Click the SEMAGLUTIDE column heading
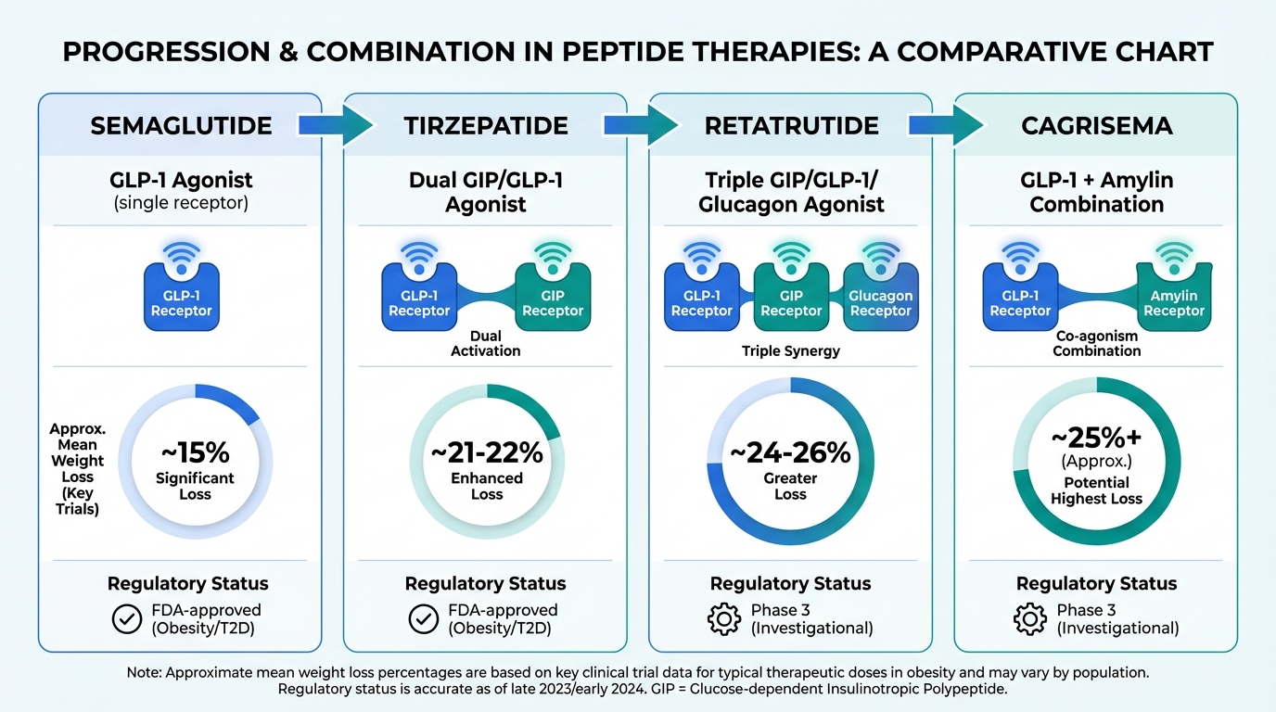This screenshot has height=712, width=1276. (181, 126)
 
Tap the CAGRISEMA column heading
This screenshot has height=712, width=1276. (1097, 126)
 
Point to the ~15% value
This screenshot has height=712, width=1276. (195, 453)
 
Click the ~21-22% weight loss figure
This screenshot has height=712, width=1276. (487, 453)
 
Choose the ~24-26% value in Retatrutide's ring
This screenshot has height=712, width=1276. (790, 453)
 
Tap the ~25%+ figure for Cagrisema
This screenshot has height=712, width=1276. (1097, 437)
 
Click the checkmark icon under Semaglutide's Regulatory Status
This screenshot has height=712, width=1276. (126, 619)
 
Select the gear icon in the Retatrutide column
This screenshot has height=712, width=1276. (723, 619)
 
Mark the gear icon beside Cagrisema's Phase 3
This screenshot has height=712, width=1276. (1029, 619)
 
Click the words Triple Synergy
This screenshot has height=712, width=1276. (790, 351)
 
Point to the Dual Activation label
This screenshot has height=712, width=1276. (486, 343)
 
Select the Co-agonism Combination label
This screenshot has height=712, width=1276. (1097, 343)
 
